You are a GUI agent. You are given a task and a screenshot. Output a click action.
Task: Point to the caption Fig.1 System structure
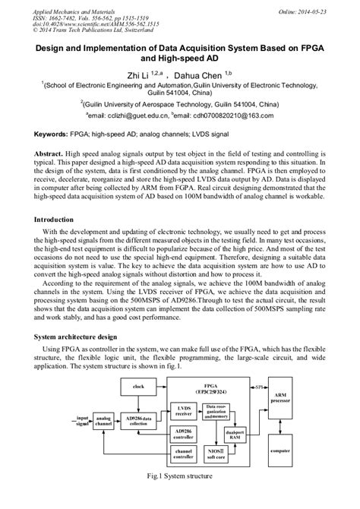click(x=180, y=498)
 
